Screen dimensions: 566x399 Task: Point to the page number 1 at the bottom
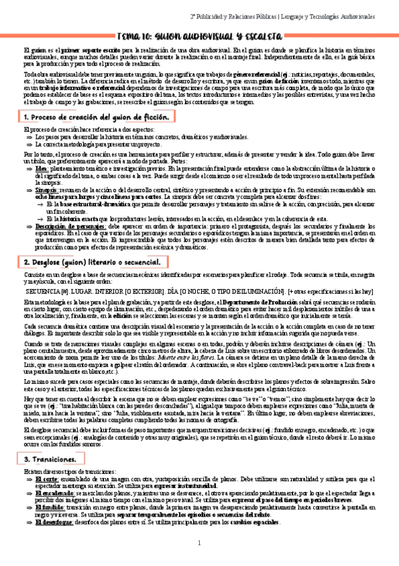(x=199, y=544)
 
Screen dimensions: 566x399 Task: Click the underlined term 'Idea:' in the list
(x=41, y=170)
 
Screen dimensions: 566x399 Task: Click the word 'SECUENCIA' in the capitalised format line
(x=41, y=292)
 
